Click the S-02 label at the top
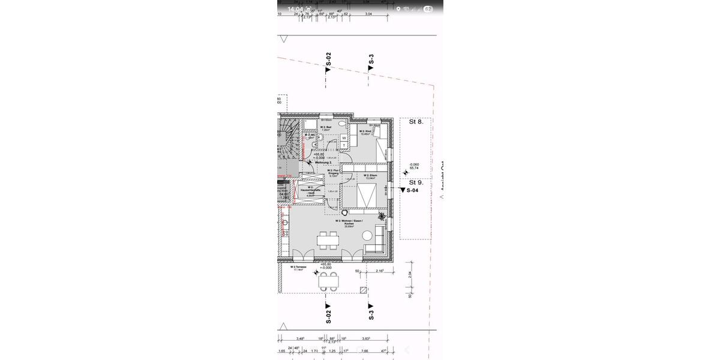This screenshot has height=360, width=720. pyautogui.click(x=328, y=59)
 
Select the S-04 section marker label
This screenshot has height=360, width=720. pyautogui.click(x=412, y=191)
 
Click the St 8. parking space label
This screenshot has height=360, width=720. pyautogui.click(x=416, y=122)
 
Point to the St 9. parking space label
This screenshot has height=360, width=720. pyautogui.click(x=416, y=182)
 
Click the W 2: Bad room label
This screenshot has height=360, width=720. pyautogui.click(x=326, y=128)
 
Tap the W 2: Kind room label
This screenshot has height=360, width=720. pyautogui.click(x=366, y=133)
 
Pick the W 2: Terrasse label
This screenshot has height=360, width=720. pyautogui.click(x=298, y=268)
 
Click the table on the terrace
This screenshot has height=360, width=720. pyautogui.click(x=328, y=280)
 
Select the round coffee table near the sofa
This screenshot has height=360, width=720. pyautogui.click(x=367, y=238)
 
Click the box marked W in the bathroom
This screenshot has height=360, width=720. pyautogui.click(x=344, y=138)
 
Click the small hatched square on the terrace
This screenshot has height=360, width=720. pyautogui.click(x=363, y=290)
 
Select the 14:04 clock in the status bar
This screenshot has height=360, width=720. pyautogui.click(x=295, y=9)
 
